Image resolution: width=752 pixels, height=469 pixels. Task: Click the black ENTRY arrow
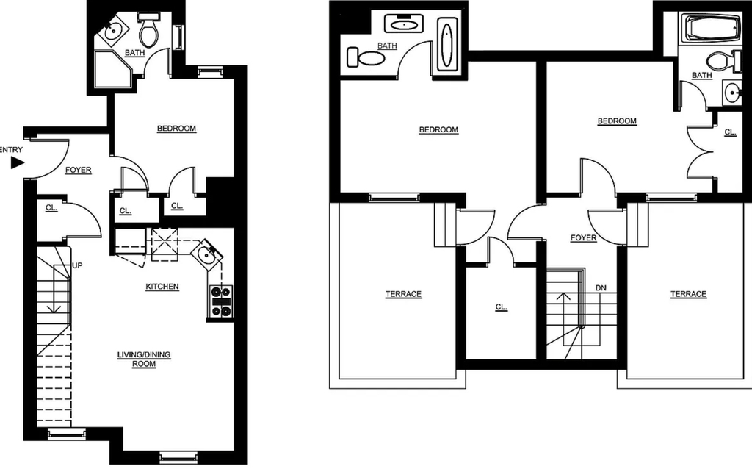tap(18, 163)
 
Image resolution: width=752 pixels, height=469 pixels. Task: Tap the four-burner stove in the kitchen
tap(221, 301)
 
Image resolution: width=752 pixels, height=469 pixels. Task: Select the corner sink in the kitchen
tap(207, 254)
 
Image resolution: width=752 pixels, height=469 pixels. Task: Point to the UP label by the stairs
tap(77, 265)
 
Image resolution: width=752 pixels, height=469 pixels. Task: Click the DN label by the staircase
tap(601, 288)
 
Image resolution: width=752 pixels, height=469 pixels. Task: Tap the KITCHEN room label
tap(162, 287)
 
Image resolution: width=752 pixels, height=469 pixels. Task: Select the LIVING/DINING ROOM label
tap(144, 359)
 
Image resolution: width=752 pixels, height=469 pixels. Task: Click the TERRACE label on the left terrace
tap(403, 294)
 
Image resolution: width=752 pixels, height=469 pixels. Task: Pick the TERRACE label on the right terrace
tap(688, 294)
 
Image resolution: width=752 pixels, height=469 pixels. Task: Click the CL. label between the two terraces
tap(501, 307)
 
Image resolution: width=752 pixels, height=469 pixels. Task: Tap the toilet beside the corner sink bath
tap(149, 29)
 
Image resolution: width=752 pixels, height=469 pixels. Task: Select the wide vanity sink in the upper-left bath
tap(404, 23)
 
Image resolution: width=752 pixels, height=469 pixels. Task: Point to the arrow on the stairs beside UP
tap(54, 288)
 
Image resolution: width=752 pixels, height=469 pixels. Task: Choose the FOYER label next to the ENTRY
tap(78, 170)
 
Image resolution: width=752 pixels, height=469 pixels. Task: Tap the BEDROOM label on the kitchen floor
tap(176, 129)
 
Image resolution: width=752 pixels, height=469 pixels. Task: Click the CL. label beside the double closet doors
tap(730, 132)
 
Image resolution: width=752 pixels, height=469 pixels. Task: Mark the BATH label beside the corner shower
tap(135, 53)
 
